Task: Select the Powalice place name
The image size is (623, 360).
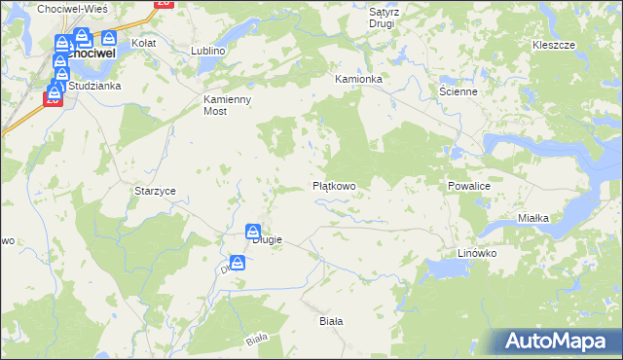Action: coord(473,185)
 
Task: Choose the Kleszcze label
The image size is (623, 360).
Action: coord(554,46)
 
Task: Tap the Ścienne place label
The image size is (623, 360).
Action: coord(457,91)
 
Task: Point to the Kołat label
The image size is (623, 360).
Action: coord(144,44)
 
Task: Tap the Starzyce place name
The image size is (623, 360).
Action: coord(155,191)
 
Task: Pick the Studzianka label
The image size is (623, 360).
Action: coord(93,86)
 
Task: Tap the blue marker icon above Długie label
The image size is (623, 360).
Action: coord(252,232)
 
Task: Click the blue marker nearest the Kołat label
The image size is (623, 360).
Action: coord(109,40)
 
